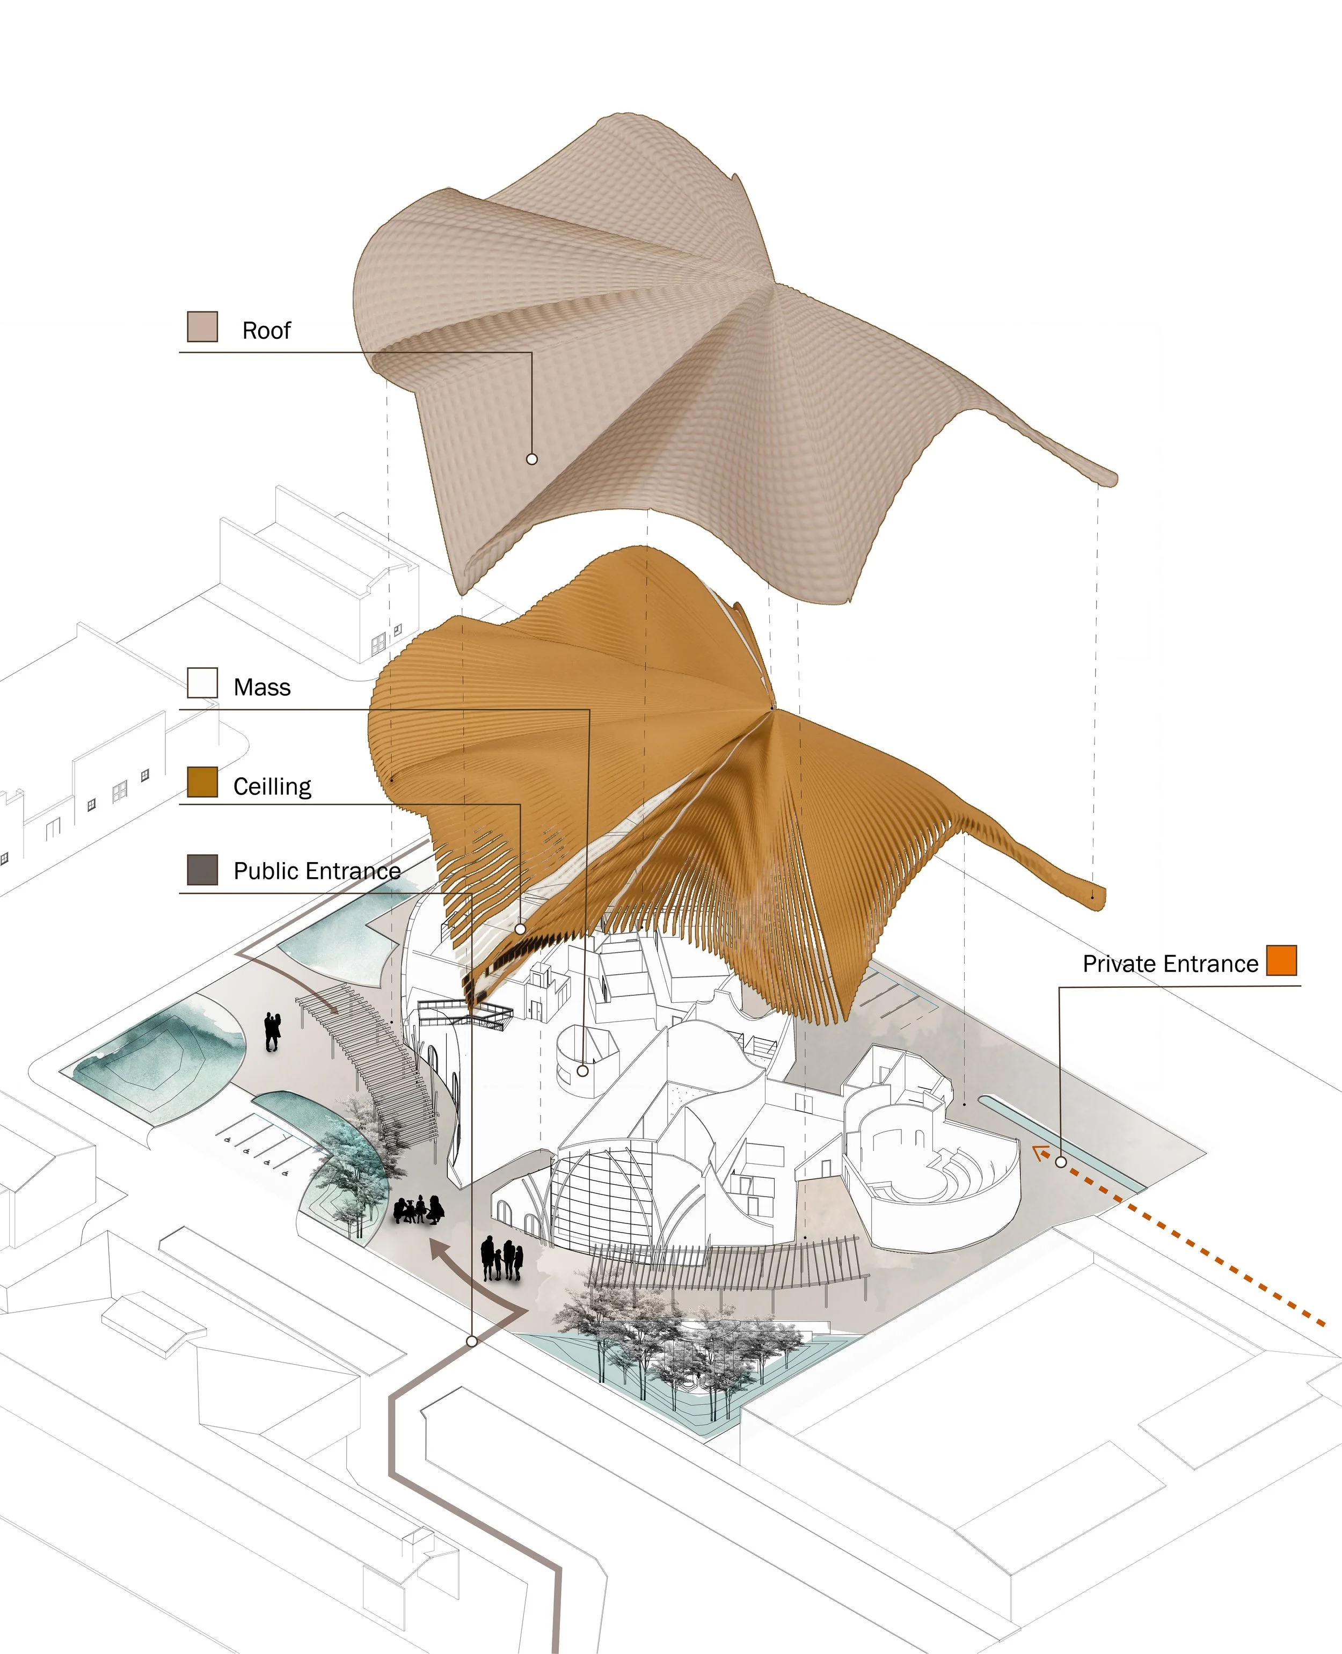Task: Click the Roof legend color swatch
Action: pos(202,326)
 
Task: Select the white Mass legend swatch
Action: pos(202,683)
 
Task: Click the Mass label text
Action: pos(262,688)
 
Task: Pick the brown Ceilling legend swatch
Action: pos(202,782)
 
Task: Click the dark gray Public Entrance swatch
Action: pos(202,870)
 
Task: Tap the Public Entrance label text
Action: pos(317,871)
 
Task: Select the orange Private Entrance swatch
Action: pos(1281,960)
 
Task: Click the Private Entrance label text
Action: pos(1170,964)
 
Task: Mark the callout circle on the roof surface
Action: pos(532,459)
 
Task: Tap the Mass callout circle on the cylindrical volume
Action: pos(583,1071)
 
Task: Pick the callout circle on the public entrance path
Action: pos(471,1341)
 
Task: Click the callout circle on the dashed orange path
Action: pos(1061,1162)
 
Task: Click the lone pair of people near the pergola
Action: pos(272,1032)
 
